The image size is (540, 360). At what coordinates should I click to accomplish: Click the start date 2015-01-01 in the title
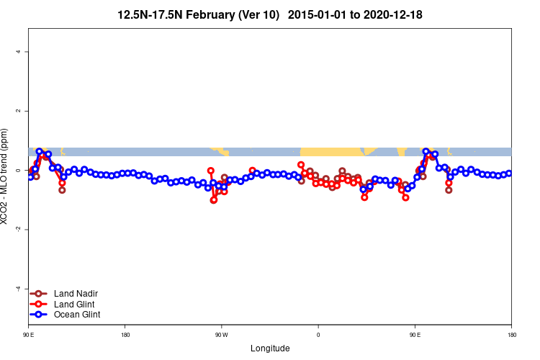tap(327, 14)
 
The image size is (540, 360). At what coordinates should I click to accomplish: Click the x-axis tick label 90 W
tap(221, 335)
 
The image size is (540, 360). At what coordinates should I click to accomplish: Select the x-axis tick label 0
tap(318, 335)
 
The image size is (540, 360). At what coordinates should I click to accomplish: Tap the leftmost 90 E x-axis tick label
tap(29, 335)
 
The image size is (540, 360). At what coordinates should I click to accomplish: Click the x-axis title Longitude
tap(270, 348)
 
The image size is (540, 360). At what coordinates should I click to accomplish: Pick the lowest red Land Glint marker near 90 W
tap(214, 200)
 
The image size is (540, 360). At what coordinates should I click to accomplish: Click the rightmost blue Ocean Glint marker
tap(509, 173)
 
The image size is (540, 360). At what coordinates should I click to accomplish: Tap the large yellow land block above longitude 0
tap(331, 152)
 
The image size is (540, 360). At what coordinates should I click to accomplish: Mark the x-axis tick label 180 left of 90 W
tap(125, 335)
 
